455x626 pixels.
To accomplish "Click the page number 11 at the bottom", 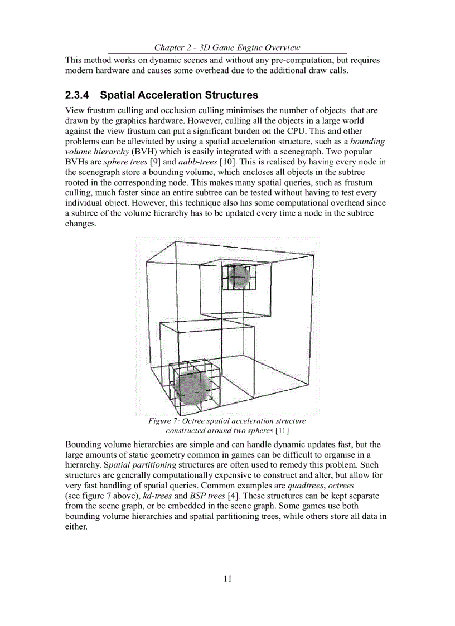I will pyautogui.click(x=227, y=579).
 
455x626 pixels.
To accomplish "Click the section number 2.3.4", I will pyautogui.click(x=81, y=95).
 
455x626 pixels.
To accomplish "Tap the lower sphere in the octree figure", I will pyautogui.click(x=191, y=386).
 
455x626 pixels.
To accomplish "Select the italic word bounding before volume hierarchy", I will pyautogui.click(x=367, y=142).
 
